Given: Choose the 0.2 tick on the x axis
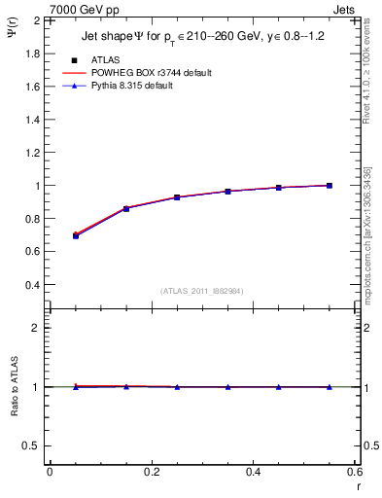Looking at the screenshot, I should point(151,472).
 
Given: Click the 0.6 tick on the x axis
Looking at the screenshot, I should point(355,472).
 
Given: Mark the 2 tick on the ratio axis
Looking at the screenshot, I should point(35,328).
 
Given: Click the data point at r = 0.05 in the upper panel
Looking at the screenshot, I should point(75,235).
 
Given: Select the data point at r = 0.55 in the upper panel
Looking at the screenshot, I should point(330,185).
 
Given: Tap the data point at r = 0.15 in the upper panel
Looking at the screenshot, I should point(125,208).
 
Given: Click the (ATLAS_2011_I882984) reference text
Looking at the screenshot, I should point(201,291).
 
